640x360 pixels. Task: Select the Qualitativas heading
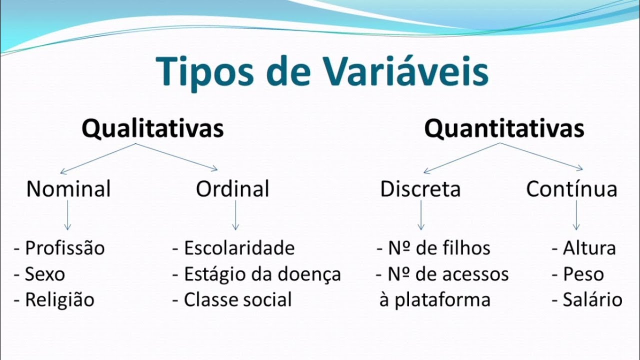tap(152, 129)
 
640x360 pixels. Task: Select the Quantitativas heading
tap(504, 129)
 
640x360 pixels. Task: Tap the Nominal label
tap(68, 189)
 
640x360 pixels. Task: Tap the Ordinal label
tap(232, 189)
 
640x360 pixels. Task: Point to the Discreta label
tap(420, 189)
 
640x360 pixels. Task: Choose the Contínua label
tap(571, 189)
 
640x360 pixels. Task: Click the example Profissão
tap(65, 248)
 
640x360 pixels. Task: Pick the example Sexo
tap(45, 274)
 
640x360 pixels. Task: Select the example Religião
tap(59, 300)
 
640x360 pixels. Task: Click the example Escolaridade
tap(239, 248)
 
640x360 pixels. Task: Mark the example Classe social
tap(237, 300)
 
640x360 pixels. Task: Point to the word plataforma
tap(442, 300)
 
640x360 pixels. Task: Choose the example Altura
tap(589, 248)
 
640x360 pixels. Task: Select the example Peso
tap(583, 274)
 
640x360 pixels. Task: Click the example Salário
tap(592, 300)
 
